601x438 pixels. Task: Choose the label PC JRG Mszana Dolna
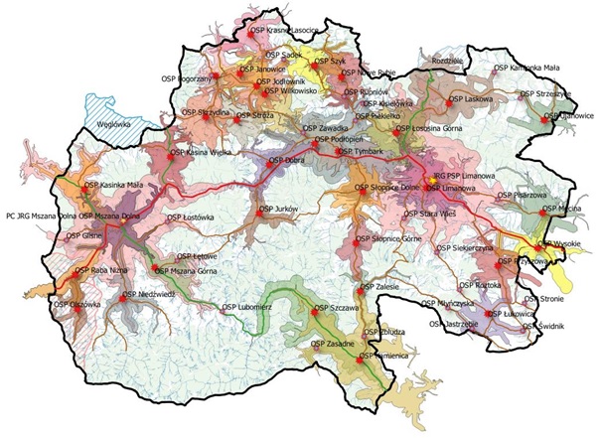pos(41,215)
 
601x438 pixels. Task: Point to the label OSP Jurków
pos(283,210)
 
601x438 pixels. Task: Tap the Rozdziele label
pos(443,60)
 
